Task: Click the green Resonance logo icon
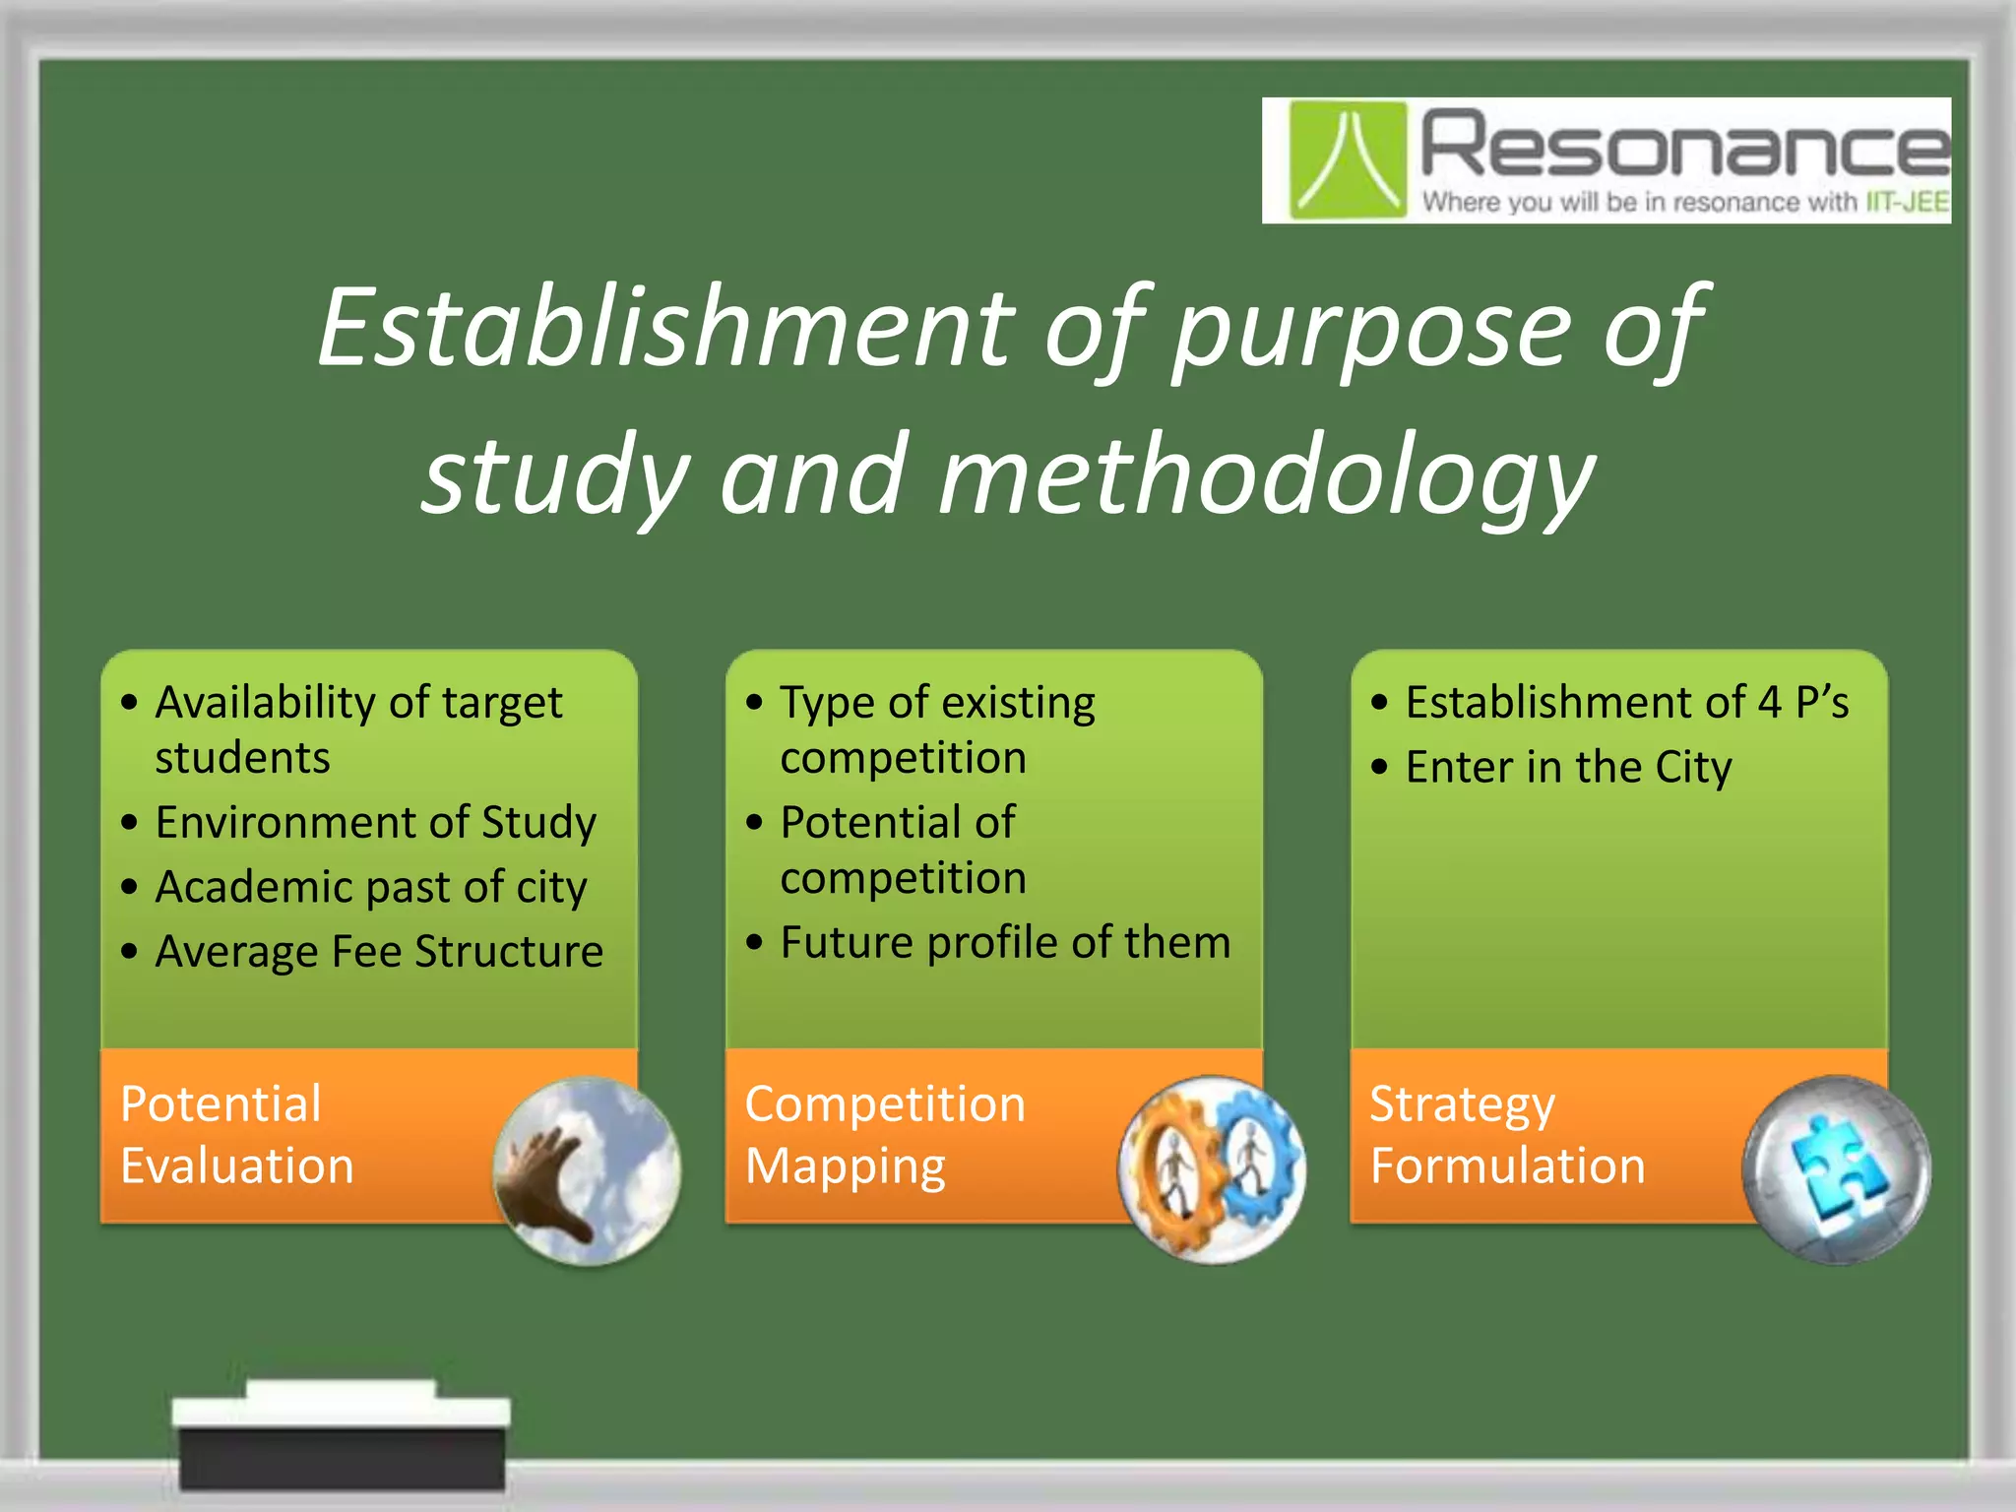coord(1347,159)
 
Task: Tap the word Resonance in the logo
coord(1683,146)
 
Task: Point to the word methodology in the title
coord(1266,478)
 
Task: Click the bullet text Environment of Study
coord(375,823)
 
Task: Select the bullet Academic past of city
coord(370,888)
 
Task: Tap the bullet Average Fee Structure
coord(378,952)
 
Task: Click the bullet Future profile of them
coord(1004,943)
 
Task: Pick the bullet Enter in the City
coord(1567,768)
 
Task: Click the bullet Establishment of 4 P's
coord(1626,703)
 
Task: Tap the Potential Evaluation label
coord(236,1134)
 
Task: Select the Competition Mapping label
coord(884,1134)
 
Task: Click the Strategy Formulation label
coord(1506,1134)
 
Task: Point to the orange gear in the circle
coord(1171,1167)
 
